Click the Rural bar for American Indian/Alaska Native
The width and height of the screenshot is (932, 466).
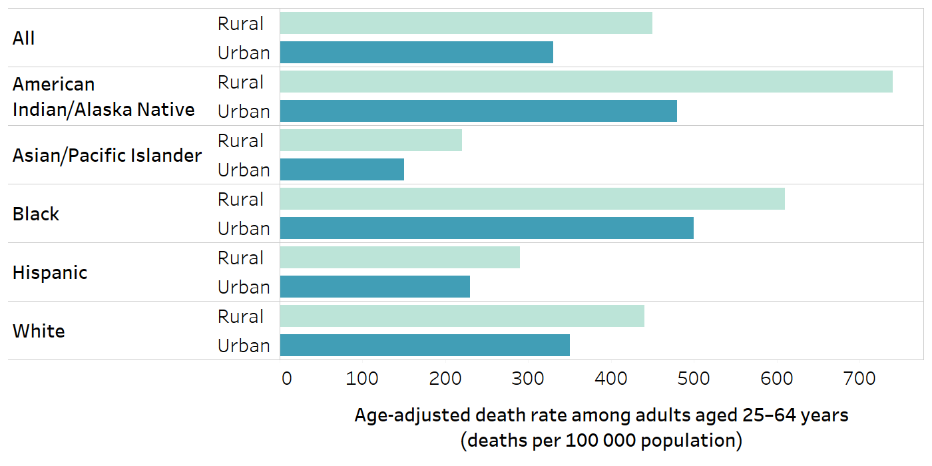(x=586, y=82)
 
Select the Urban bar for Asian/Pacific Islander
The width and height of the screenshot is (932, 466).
(x=342, y=170)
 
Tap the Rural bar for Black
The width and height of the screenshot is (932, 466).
(x=532, y=199)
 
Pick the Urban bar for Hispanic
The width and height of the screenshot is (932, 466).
(x=375, y=287)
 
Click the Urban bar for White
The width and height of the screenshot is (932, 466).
(x=425, y=346)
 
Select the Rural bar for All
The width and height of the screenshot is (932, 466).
(x=466, y=23)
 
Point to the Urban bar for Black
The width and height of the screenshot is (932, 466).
(x=487, y=228)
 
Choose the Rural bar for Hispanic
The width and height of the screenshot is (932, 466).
(x=399, y=258)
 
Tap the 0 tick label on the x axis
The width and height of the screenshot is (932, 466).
(x=287, y=379)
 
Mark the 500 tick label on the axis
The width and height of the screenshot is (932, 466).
(x=693, y=379)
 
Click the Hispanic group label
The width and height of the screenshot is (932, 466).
(x=50, y=273)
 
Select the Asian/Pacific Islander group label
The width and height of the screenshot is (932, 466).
(x=107, y=156)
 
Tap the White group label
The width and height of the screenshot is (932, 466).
(x=39, y=332)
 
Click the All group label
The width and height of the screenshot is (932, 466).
(x=24, y=39)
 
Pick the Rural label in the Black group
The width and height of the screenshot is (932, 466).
(x=240, y=199)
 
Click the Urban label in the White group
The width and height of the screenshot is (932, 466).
(x=244, y=346)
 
